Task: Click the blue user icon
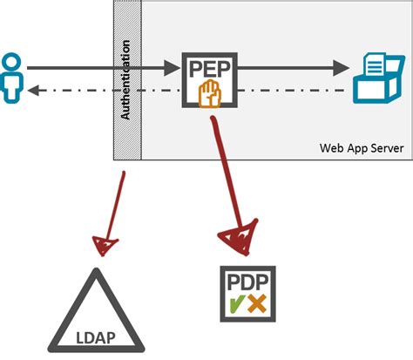pos(11,78)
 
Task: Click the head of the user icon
pos(11,63)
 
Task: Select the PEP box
pos(208,79)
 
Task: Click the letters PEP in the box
pos(208,68)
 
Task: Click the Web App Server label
pos(360,147)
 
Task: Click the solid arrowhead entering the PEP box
pos(171,66)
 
